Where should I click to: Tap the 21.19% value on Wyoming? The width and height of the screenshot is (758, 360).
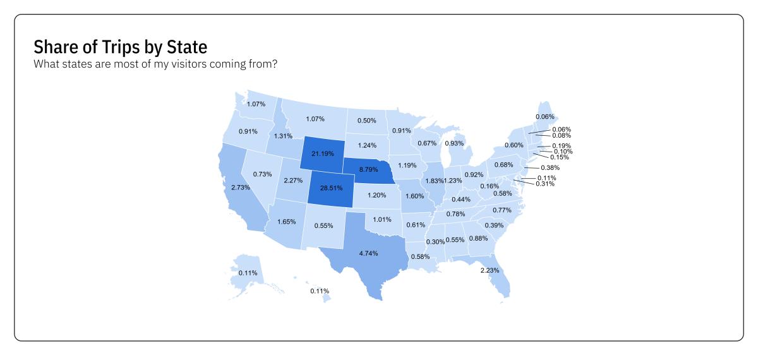click(x=322, y=153)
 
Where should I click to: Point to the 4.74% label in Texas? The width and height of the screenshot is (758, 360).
click(x=368, y=253)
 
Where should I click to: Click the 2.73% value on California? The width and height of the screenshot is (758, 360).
click(x=241, y=188)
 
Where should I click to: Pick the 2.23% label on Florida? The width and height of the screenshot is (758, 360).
click(x=490, y=270)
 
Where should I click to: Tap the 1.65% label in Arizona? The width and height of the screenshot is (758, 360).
click(x=287, y=222)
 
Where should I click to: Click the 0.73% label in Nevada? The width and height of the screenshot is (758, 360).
click(x=262, y=174)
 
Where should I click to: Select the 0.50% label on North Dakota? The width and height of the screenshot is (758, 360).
click(x=366, y=121)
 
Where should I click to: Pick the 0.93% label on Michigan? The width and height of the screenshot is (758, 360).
click(x=454, y=143)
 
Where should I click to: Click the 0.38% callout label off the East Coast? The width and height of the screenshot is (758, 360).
click(x=550, y=168)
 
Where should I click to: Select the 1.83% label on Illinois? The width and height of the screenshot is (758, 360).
click(x=434, y=181)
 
